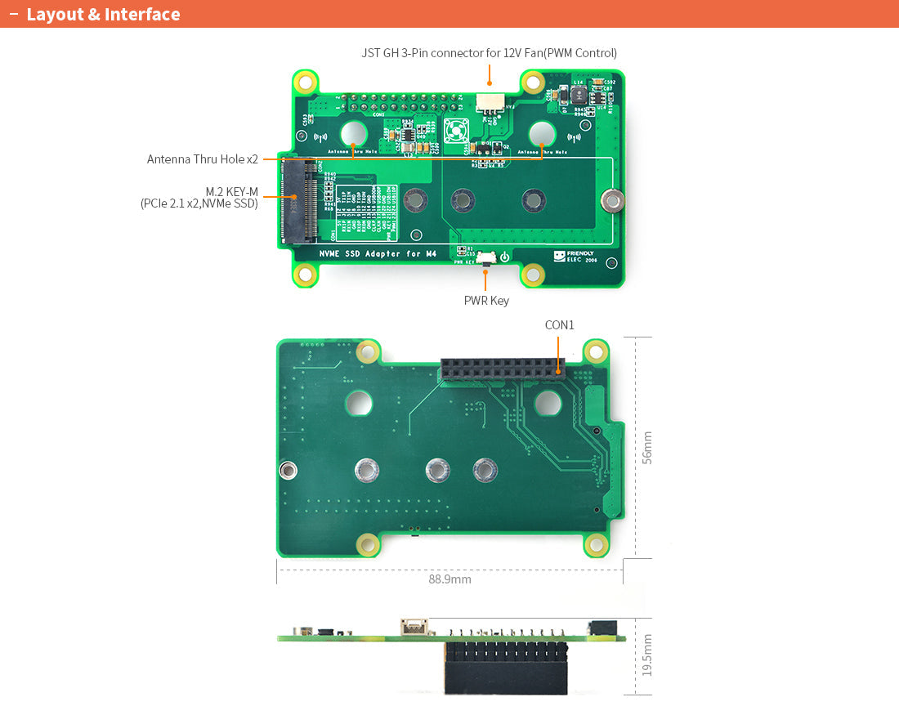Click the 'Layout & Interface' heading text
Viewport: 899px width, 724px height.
103,14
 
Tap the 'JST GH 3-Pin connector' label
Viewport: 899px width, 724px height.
489,53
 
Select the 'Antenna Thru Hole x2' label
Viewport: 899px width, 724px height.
203,159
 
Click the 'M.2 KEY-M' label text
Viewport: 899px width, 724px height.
232,191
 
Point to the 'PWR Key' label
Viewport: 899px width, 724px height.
486,301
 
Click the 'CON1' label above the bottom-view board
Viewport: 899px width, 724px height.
559,325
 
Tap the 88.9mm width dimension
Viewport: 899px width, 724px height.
449,579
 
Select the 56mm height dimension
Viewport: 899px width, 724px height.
646,448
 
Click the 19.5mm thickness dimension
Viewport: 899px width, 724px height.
646,655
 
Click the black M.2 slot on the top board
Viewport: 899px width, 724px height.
299,200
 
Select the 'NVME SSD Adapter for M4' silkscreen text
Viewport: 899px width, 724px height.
378,254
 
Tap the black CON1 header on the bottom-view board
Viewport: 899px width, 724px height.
502,369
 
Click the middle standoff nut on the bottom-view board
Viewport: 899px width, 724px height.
437,470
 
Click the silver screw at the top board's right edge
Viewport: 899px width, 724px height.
611,199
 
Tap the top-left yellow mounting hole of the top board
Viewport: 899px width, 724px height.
306,82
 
